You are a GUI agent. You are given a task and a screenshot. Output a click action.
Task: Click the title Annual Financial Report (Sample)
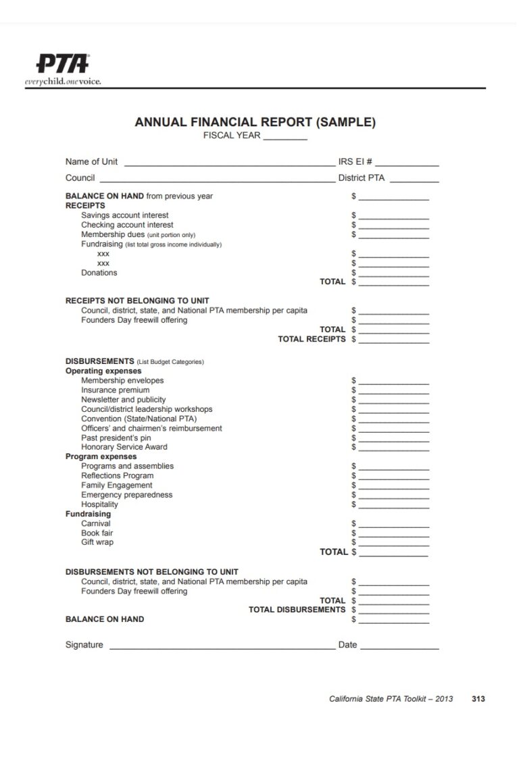coord(255,122)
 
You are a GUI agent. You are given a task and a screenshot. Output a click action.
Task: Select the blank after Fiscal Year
coord(285,138)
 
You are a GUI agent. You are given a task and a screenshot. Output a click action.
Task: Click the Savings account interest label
coord(124,215)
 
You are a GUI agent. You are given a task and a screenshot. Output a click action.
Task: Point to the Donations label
coord(99,273)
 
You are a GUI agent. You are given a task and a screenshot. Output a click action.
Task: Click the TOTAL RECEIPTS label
coord(311,339)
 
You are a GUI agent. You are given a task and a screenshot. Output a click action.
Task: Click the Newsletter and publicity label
coord(123,400)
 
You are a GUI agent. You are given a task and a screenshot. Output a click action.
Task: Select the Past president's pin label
coord(116,438)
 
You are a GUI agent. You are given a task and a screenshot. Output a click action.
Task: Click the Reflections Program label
coord(117,475)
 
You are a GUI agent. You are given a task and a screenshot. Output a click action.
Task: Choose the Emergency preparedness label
coord(126,495)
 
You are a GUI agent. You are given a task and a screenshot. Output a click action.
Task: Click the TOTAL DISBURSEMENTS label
coord(297,610)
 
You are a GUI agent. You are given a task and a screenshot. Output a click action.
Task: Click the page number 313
coord(478,699)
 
